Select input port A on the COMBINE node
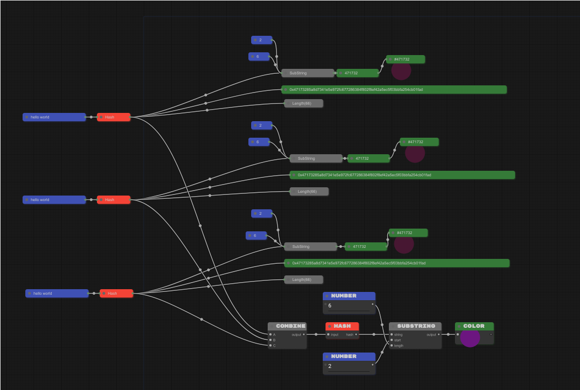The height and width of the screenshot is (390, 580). [x=270, y=334]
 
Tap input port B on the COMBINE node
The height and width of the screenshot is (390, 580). [x=270, y=340]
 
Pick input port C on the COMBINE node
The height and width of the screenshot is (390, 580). [x=270, y=345]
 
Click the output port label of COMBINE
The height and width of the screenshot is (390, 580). [x=296, y=334]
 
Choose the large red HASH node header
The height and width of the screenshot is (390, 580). [x=342, y=326]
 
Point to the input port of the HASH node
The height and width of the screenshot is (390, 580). [x=328, y=334]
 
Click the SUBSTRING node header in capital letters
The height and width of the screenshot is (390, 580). [x=416, y=326]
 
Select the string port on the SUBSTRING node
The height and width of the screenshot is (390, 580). [x=392, y=334]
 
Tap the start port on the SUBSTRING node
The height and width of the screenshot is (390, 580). [x=392, y=340]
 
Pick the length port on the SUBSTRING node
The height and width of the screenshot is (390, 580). [x=392, y=345]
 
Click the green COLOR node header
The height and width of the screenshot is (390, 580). [x=474, y=326]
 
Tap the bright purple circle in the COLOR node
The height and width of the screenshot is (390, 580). [x=470, y=337]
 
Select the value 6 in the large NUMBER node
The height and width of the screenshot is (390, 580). [x=330, y=306]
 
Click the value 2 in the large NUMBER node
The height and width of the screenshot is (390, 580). [x=330, y=366]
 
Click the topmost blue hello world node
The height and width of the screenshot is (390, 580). [x=54, y=117]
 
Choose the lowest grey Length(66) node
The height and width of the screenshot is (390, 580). [x=303, y=280]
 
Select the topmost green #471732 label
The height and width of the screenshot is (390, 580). [x=405, y=59]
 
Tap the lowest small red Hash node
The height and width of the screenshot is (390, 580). [x=116, y=293]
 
